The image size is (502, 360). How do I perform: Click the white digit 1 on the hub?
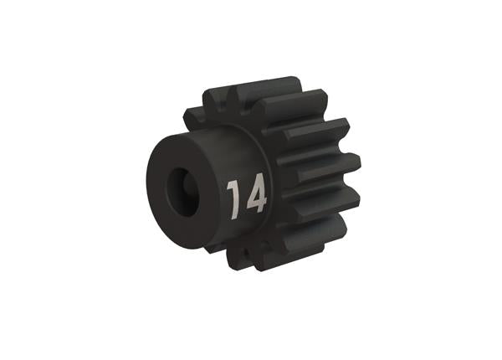pos(233,198)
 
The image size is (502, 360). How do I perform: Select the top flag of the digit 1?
pos(230,185)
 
